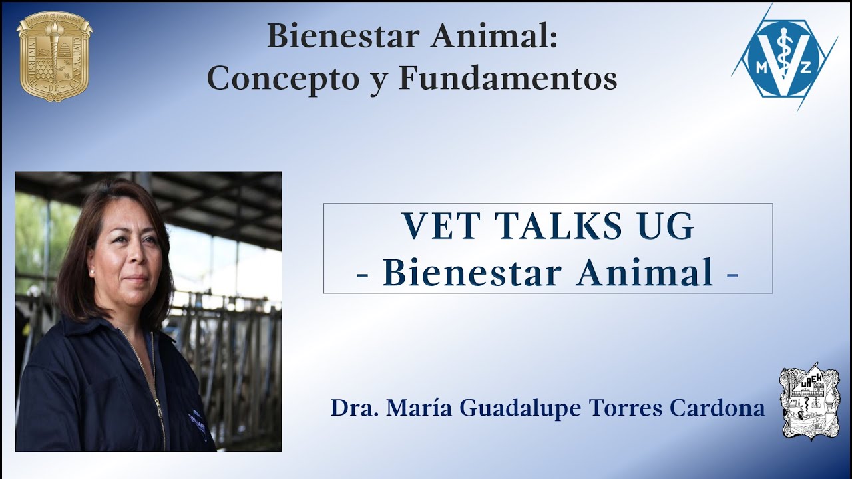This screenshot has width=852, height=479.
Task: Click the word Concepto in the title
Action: coord(284,79)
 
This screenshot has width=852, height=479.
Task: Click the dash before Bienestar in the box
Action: coord(363,275)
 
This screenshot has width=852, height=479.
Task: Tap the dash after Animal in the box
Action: coord(732,275)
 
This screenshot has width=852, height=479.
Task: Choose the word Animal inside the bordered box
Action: coord(644,273)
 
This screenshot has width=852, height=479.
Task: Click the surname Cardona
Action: coord(718,408)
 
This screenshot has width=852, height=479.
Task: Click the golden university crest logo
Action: coord(54,56)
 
